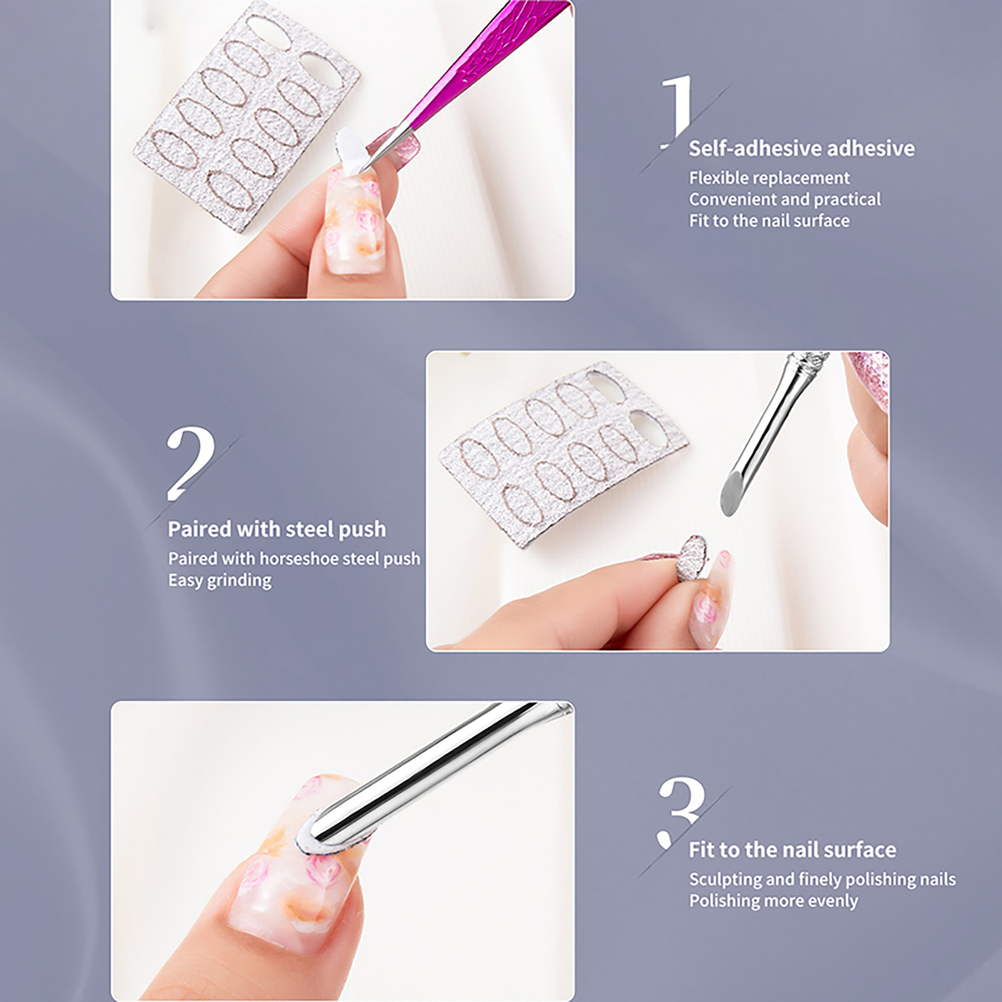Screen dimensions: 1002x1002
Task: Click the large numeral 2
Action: click(x=190, y=463)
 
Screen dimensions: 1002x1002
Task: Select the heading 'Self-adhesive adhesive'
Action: click(x=802, y=148)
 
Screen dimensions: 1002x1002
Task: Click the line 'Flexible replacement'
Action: click(x=769, y=178)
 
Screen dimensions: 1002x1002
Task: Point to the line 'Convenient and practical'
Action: click(x=785, y=199)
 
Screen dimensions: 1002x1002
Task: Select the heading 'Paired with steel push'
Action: click(x=277, y=529)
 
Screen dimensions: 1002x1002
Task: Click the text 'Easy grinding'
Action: click(x=219, y=581)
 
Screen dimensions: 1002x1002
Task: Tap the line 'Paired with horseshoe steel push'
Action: click(x=294, y=559)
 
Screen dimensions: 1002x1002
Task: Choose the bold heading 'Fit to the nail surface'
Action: click(x=792, y=850)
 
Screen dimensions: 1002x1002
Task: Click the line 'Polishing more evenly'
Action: click(x=773, y=901)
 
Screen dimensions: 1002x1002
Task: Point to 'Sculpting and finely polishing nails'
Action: click(x=822, y=879)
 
